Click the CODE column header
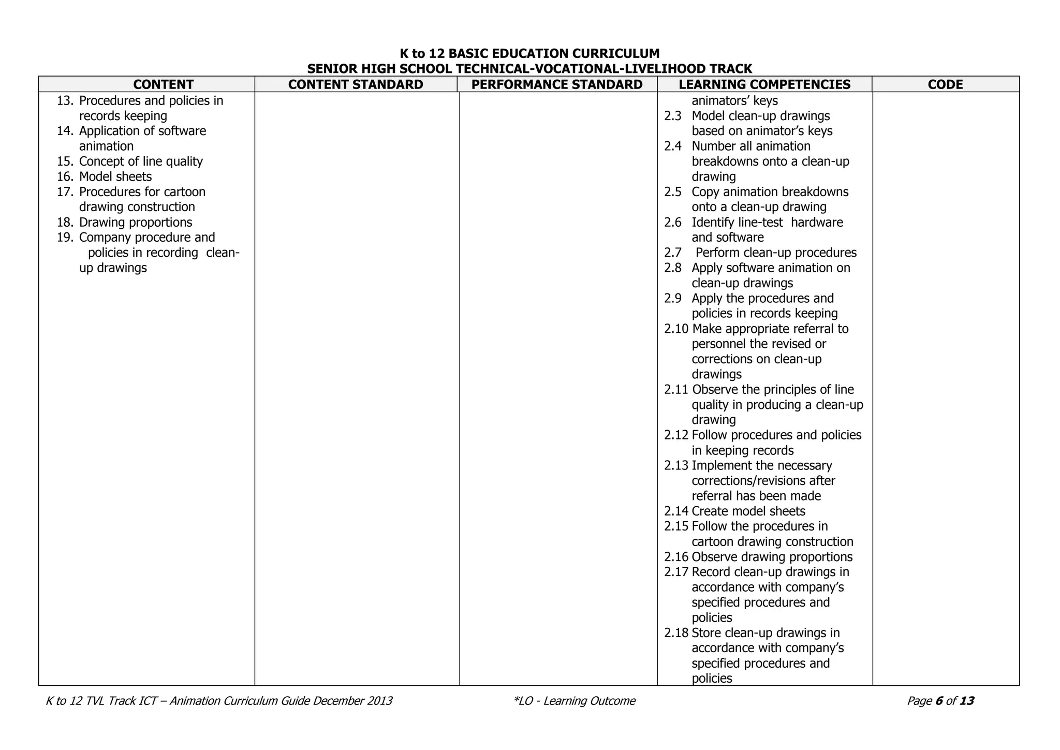945,84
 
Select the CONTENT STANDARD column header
356,84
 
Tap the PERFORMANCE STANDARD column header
557,84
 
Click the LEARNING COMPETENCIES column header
764,84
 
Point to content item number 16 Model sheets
115,177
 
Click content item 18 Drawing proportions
135,223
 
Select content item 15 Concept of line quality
140,161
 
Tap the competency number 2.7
673,253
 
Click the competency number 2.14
676,511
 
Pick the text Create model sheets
748,511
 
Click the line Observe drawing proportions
772,557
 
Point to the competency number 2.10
676,329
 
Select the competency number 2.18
676,633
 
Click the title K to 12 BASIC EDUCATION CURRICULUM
529,54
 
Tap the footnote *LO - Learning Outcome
574,701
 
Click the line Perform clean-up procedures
776,253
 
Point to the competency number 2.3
673,116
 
